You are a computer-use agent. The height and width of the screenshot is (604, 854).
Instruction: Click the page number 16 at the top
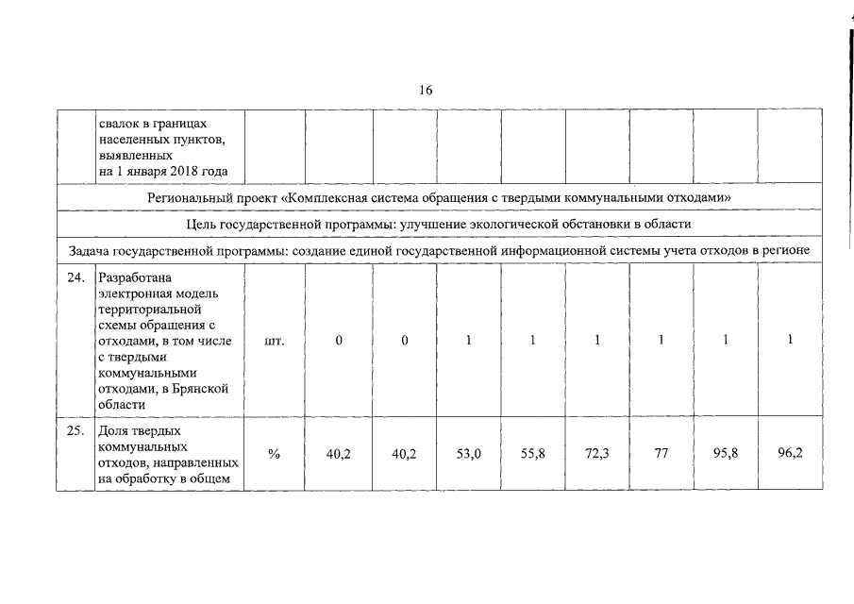(x=426, y=91)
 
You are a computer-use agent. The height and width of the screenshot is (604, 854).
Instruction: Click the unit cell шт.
(x=275, y=341)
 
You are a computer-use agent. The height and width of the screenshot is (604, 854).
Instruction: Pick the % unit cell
(x=275, y=454)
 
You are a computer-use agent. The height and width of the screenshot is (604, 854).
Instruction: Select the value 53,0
(x=469, y=454)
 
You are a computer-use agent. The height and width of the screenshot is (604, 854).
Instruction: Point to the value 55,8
(x=533, y=454)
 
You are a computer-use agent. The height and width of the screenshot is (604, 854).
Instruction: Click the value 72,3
(x=597, y=454)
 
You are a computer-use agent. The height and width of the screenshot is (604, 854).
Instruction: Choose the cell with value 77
(x=661, y=454)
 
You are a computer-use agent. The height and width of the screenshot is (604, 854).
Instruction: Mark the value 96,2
(x=790, y=454)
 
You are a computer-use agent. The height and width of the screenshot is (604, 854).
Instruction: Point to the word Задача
(x=91, y=250)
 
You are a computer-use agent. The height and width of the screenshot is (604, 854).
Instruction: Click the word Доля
(x=113, y=431)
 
